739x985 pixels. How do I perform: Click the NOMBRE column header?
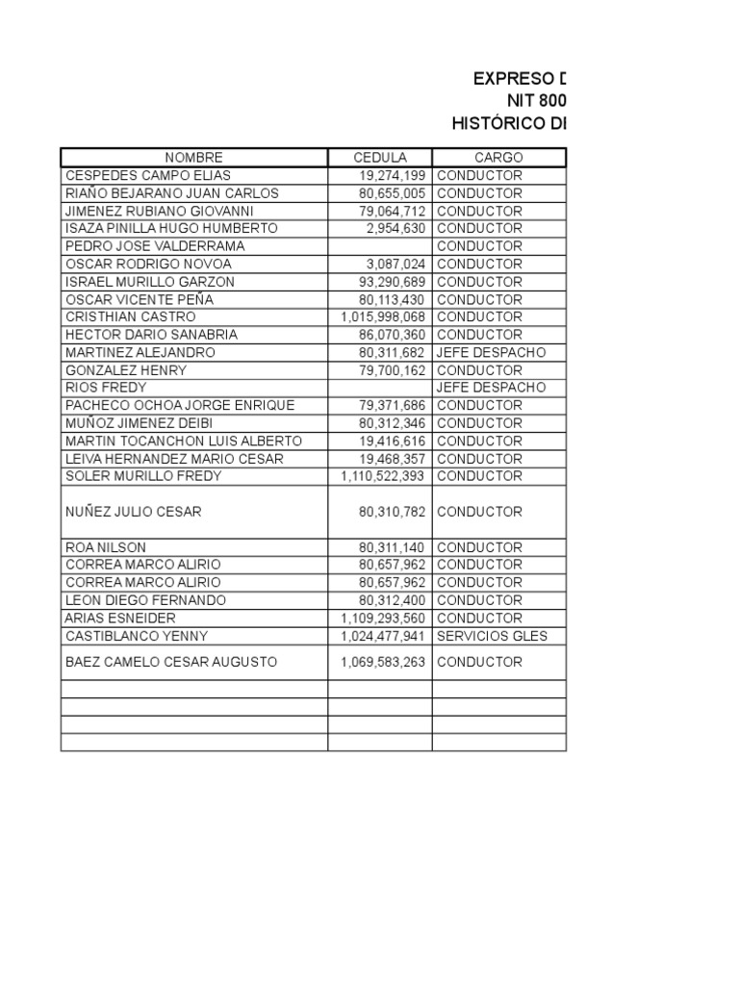193,158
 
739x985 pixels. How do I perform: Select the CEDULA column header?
380,158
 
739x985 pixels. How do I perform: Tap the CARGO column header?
498,158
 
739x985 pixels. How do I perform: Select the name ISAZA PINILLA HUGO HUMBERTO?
171,229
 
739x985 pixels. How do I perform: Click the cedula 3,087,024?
395,264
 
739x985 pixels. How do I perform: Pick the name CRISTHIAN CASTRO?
130,316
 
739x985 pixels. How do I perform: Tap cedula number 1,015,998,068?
383,316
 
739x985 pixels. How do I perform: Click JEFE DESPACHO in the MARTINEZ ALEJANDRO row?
491,352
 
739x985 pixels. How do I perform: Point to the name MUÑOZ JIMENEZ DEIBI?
139,423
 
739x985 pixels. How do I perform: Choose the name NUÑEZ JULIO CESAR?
134,512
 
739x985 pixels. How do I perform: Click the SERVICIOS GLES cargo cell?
492,636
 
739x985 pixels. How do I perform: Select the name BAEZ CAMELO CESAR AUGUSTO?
171,662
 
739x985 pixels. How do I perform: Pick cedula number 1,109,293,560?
383,619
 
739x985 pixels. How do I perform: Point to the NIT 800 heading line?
537,101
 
